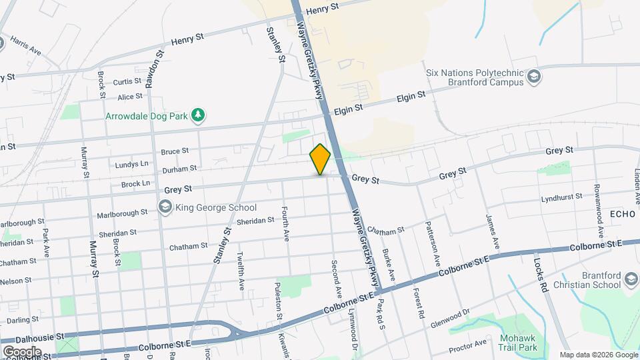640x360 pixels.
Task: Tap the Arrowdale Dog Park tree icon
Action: click(x=197, y=115)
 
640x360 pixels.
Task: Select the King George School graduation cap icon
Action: click(x=164, y=207)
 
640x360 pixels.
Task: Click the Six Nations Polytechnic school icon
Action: click(x=533, y=77)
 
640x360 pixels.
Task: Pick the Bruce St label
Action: click(x=175, y=151)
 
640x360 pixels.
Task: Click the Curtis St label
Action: click(x=127, y=81)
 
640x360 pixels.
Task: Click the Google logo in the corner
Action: click(x=22, y=351)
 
